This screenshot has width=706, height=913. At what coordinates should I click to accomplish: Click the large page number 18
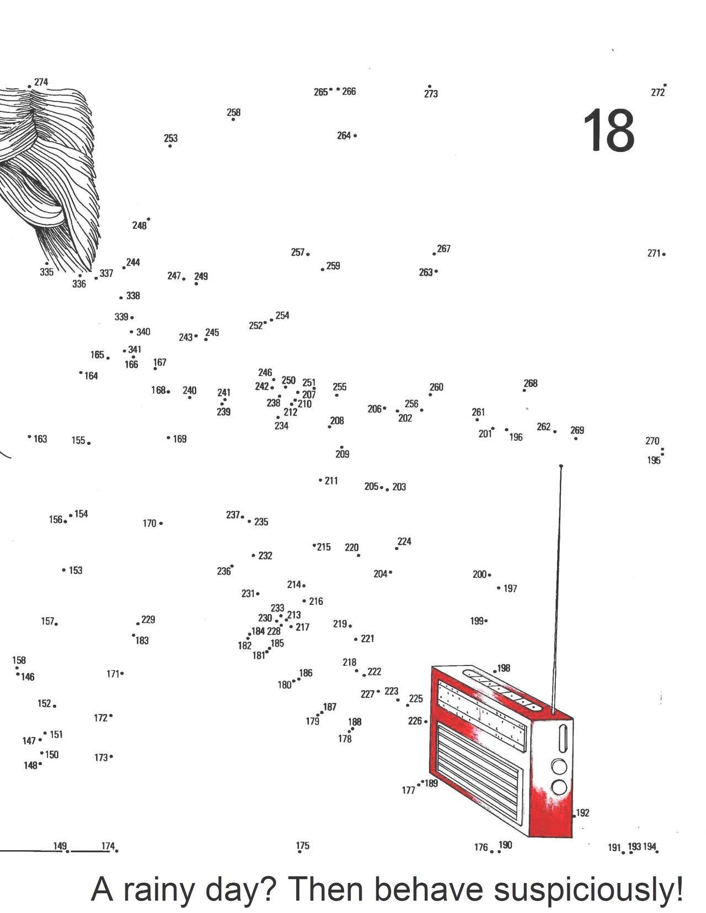point(608,131)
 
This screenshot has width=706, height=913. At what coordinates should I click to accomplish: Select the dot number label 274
point(41,82)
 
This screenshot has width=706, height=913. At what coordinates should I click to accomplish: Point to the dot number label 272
point(657,93)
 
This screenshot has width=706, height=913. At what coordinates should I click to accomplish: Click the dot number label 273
point(431,94)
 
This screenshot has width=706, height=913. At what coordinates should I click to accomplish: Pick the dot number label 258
point(233,112)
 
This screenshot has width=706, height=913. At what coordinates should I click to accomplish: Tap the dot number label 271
point(654,254)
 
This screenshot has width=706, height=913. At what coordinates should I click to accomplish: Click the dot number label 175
point(302,845)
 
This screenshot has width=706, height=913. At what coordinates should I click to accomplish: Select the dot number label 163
point(40,439)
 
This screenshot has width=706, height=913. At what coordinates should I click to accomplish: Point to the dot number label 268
point(531,383)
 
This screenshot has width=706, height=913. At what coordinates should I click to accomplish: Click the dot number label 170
point(149,523)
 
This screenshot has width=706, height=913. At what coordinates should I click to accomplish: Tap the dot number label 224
point(404,541)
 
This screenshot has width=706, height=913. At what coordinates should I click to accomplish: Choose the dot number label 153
point(76,570)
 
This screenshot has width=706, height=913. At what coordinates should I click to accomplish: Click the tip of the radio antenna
point(561,466)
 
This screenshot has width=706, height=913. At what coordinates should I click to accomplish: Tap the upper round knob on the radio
point(559,767)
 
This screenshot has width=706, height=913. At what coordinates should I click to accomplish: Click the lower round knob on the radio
point(559,787)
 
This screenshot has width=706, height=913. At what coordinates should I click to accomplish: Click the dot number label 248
point(139,225)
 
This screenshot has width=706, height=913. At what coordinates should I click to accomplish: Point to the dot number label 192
point(582,813)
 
